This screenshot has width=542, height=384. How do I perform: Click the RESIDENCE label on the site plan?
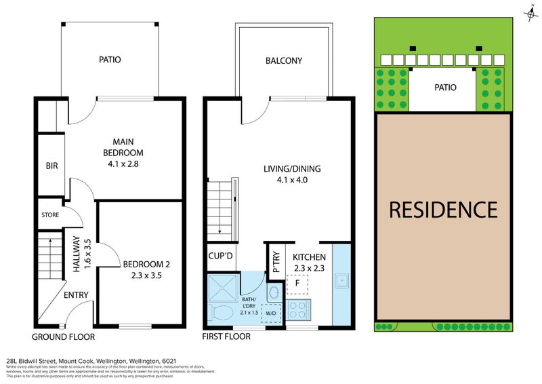pyautogui.click(x=443, y=209)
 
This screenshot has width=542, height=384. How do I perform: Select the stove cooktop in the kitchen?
pyautogui.click(x=298, y=310)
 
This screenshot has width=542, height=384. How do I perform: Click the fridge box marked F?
pyautogui.click(x=297, y=283)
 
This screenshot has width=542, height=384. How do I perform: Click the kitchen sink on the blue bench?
pyautogui.click(x=343, y=280)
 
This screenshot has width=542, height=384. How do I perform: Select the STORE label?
pyautogui.click(x=51, y=215)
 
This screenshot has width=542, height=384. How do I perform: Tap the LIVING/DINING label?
pyautogui.click(x=292, y=169)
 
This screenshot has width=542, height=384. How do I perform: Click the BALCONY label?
pyautogui.click(x=284, y=61)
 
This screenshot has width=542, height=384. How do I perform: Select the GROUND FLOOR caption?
pyautogui.click(x=63, y=337)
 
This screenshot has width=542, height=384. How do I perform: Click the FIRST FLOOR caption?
pyautogui.click(x=227, y=337)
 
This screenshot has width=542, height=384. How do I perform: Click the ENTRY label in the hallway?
pyautogui.click(x=76, y=294)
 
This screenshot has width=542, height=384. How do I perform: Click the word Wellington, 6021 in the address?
pyautogui.click(x=159, y=360)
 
